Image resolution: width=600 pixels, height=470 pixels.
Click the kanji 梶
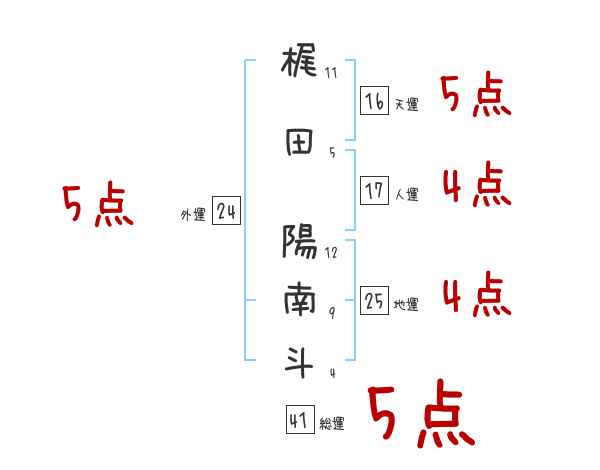pyautogui.click(x=299, y=66)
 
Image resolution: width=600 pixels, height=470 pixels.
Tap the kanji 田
pyautogui.click(x=299, y=142)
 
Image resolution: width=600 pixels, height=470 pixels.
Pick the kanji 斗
pyautogui.click(x=299, y=360)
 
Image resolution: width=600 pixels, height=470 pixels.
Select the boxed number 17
pyautogui.click(x=374, y=190)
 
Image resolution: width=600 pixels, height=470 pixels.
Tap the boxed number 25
pyautogui.click(x=374, y=301)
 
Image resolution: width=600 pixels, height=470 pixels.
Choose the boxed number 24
pyautogui.click(x=226, y=212)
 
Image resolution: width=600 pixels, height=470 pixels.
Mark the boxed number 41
pyautogui.click(x=299, y=421)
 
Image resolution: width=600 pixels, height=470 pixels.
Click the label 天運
pyautogui.click(x=406, y=104)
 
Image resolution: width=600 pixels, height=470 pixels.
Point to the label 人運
pyautogui.click(x=406, y=194)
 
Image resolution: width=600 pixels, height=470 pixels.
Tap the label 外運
pyautogui.click(x=193, y=214)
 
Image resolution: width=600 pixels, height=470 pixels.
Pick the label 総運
pyautogui.click(x=331, y=424)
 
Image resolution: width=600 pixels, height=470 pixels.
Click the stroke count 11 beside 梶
pyautogui.click(x=332, y=72)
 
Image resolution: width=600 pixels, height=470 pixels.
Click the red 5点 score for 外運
pyautogui.click(x=97, y=206)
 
